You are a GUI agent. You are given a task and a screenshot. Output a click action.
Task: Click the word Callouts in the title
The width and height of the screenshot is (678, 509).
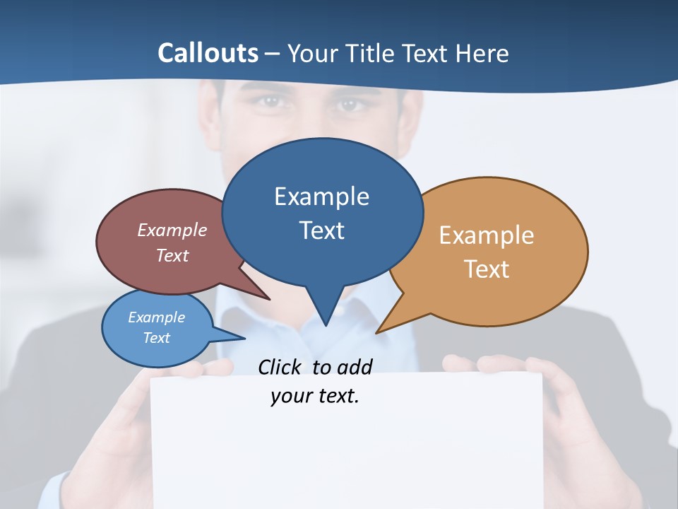(208, 53)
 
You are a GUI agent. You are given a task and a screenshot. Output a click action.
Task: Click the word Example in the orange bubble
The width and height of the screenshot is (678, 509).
(487, 235)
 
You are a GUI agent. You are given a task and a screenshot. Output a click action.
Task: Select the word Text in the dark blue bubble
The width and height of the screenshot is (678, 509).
(322, 230)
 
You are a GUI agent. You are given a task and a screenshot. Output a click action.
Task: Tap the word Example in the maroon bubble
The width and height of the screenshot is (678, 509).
(172, 230)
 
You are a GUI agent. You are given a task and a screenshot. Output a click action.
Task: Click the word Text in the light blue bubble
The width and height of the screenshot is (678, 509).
(157, 338)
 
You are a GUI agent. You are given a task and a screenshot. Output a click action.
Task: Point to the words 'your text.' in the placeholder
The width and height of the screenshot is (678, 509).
(315, 397)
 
